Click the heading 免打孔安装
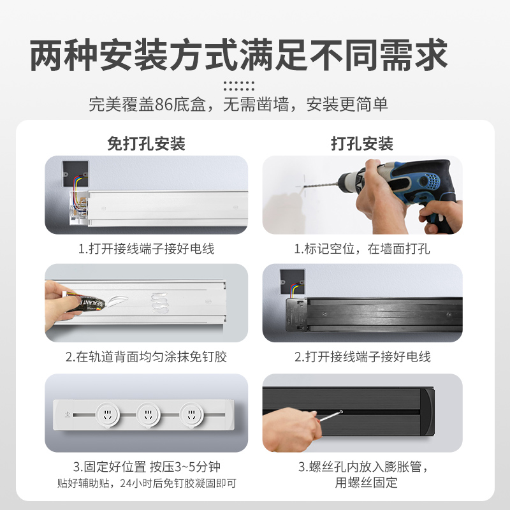click(146, 143)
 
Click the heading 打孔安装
click(362, 143)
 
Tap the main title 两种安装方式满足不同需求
click(239, 55)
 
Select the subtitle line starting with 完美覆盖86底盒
click(239, 105)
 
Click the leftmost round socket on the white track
click(106, 414)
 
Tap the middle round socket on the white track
click(148, 414)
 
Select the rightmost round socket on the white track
click(190, 414)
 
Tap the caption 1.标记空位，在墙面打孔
click(362, 249)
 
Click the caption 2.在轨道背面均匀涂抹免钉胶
click(146, 356)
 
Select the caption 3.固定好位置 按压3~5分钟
click(146, 467)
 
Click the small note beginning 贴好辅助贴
click(146, 483)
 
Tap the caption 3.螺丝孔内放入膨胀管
click(362, 467)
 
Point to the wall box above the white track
click(75, 173)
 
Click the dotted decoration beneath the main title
click(239, 85)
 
